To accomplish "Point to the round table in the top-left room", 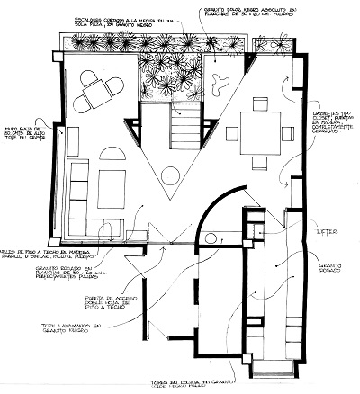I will click(95, 90).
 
